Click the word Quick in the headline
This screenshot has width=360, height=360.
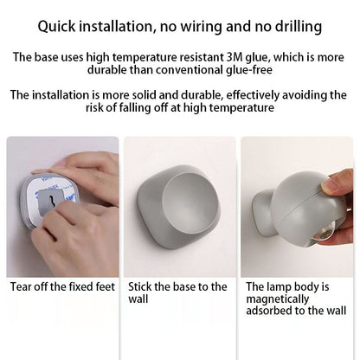pyautogui.click(x=56, y=27)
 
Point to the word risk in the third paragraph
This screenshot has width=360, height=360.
pyautogui.click(x=93, y=107)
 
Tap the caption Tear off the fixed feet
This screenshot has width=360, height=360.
pyautogui.click(x=62, y=286)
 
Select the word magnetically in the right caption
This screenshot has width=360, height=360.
pyautogui.click(x=277, y=299)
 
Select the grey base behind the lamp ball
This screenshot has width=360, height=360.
pyautogui.click(x=263, y=212)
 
